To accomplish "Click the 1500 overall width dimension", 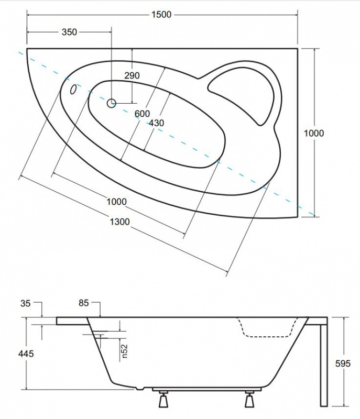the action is coord(161,15).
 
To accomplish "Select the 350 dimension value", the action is coord(69,32).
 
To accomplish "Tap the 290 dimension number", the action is coord(132,75).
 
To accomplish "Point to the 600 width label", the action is coord(142,114).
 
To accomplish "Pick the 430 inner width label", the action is coord(156,123).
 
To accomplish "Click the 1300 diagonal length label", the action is coord(119,222).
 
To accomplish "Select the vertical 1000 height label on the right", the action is coord(314,133).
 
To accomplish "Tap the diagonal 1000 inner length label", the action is coord(116,202).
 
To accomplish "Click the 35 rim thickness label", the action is coord(25,304).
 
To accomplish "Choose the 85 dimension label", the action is coord(84,303).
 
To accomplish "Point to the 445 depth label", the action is coord(26,354).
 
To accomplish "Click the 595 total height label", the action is coord(343,363).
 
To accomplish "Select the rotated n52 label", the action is coord(125,351).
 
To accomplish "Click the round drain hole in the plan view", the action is coord(112,103).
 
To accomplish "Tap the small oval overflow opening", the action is coord(73,89).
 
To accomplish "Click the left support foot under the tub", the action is coord(163,399).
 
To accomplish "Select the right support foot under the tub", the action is coord(249,399).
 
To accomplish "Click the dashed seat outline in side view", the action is coord(267,327).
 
